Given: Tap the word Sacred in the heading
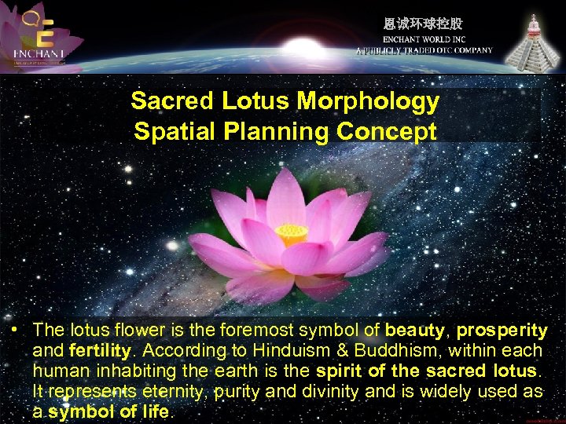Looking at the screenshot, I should pyautogui.click(x=174, y=101).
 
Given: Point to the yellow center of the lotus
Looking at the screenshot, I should pyautogui.click(x=292, y=234).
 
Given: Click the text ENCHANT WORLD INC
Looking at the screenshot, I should pyautogui.click(x=424, y=39).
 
